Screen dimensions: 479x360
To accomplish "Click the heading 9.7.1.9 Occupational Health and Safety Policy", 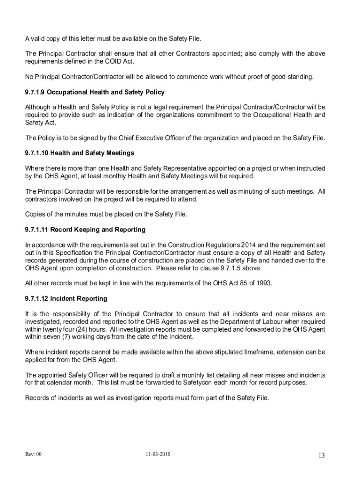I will click(94, 92).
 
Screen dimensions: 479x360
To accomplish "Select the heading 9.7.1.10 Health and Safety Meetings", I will click(79, 153).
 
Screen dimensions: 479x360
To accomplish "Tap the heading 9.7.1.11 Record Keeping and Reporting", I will click(85, 230).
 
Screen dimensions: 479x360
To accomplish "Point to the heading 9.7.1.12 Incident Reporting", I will click(66, 298).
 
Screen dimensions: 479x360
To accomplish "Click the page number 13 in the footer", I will click(321, 456).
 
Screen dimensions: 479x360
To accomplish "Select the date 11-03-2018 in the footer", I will click(158, 454).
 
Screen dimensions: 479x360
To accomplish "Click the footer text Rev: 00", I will click(34, 454).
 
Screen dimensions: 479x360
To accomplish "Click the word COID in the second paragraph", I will click(116, 61).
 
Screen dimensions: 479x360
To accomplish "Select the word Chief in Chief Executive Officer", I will click(127, 138).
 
